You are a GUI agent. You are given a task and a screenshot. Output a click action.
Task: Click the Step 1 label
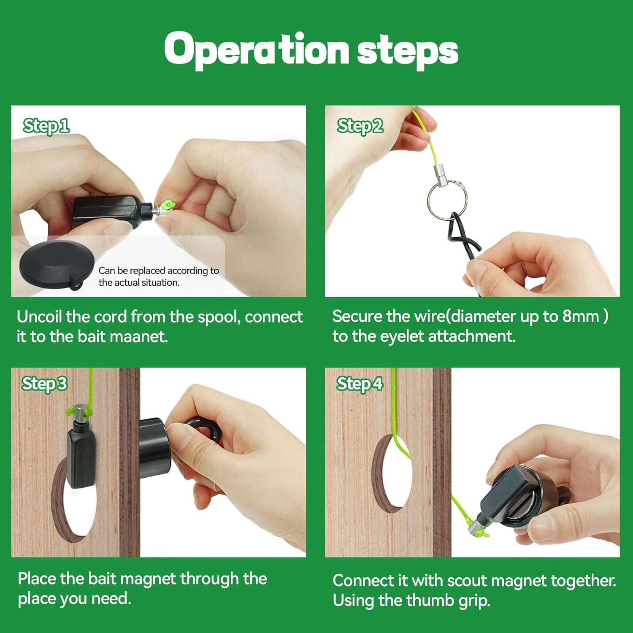[x=46, y=126]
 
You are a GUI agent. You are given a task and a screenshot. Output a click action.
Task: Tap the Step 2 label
[x=360, y=126]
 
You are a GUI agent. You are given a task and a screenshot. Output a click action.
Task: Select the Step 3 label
[x=44, y=384]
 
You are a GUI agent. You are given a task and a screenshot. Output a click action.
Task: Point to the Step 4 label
[x=359, y=384]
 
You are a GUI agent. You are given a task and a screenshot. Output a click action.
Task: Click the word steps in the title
[x=407, y=51]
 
